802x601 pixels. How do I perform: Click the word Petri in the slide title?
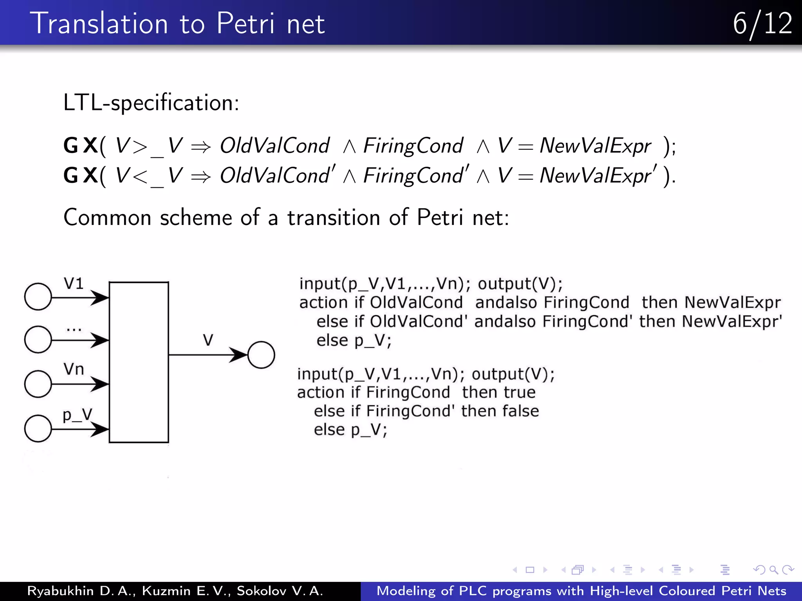coord(246,23)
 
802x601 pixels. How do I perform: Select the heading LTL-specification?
coord(151,103)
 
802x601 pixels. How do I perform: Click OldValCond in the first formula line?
coord(275,146)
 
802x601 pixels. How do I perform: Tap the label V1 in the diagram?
coord(74,283)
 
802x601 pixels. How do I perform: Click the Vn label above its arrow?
coord(74,369)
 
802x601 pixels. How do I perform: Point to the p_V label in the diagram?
coord(77,415)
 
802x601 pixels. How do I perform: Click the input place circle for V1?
coord(38,297)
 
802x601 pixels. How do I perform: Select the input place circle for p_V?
coord(38,428)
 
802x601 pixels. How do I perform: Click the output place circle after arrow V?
coord(261,355)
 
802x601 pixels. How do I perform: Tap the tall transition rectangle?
coord(139,362)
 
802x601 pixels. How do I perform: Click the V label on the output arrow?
coord(208,340)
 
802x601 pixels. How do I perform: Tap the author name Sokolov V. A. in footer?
coord(280,591)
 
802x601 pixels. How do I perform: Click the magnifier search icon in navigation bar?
coord(773,570)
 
